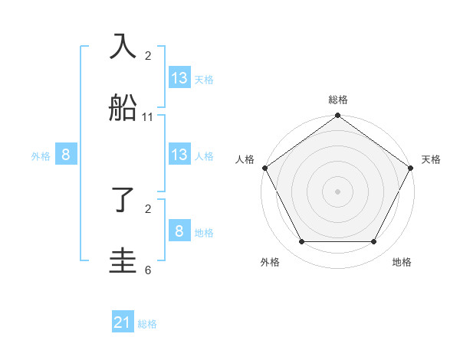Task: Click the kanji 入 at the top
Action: pyautogui.click(x=123, y=47)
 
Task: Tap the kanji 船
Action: pyautogui.click(x=123, y=107)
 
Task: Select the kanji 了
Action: pyautogui.click(x=123, y=201)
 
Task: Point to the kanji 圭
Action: pyautogui.click(x=123, y=260)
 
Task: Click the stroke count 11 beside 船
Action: pyautogui.click(x=148, y=117)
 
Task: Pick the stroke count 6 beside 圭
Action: pyautogui.click(x=148, y=270)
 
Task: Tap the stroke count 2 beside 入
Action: pyautogui.click(x=148, y=56)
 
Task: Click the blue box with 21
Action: pyautogui.click(x=123, y=323)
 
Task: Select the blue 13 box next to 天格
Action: pyautogui.click(x=179, y=77)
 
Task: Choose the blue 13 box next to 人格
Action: pyautogui.click(x=179, y=155)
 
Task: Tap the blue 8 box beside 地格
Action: pyautogui.click(x=179, y=231)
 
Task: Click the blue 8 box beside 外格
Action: pyautogui.click(x=66, y=155)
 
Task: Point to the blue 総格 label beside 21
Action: pyautogui.click(x=147, y=324)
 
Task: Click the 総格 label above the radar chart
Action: pyautogui.click(x=338, y=100)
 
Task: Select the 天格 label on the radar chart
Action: pyautogui.click(x=432, y=159)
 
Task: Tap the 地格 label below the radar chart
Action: pyautogui.click(x=402, y=262)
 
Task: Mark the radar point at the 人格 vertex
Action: pyautogui.click(x=264, y=168)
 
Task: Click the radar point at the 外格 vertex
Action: pyautogui.click(x=301, y=242)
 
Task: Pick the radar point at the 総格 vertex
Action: pyautogui.click(x=338, y=116)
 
